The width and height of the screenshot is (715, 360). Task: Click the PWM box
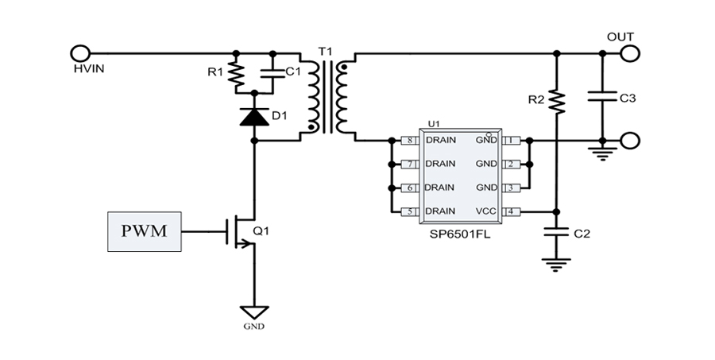144,231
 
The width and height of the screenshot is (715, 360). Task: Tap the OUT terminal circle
630,53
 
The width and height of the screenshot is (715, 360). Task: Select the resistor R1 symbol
235,74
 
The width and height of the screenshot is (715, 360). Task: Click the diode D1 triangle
254,118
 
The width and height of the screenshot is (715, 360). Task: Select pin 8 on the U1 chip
410,141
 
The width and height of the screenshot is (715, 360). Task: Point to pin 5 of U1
410,211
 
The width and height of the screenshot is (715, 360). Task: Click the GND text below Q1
255,327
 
